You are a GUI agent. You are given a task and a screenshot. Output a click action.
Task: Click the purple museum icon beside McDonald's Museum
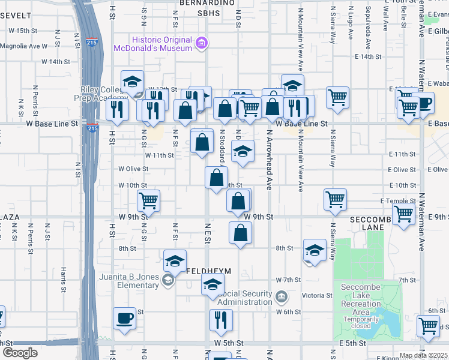coord(202,42)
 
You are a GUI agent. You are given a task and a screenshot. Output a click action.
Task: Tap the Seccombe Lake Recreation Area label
coord(361,295)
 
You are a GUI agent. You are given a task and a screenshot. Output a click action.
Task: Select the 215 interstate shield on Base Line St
coord(92,128)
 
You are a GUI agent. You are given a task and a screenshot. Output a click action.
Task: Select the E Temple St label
coord(398,201)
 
